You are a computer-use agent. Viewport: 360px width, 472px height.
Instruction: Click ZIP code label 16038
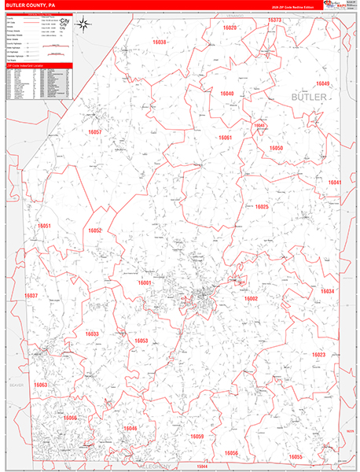[x=159, y=42]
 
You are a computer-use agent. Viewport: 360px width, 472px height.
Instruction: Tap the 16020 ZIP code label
[x=228, y=28]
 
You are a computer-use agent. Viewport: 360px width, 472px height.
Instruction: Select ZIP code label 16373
[x=274, y=20]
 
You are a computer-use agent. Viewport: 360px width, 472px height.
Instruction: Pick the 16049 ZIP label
[x=322, y=83]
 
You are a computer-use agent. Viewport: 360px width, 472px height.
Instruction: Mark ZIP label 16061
[x=225, y=138]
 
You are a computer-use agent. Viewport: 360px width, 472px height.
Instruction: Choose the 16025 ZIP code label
[x=261, y=207]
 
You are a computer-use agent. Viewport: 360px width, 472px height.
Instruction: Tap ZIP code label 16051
[x=44, y=226]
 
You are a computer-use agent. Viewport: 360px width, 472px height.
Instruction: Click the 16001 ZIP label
[x=145, y=282]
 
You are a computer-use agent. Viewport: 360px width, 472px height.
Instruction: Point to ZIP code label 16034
[x=327, y=291]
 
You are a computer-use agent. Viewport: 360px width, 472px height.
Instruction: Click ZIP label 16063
[x=40, y=385]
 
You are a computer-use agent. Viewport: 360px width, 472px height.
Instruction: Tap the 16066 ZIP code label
[x=71, y=418]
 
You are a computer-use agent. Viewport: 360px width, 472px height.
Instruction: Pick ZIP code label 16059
[x=197, y=436]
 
